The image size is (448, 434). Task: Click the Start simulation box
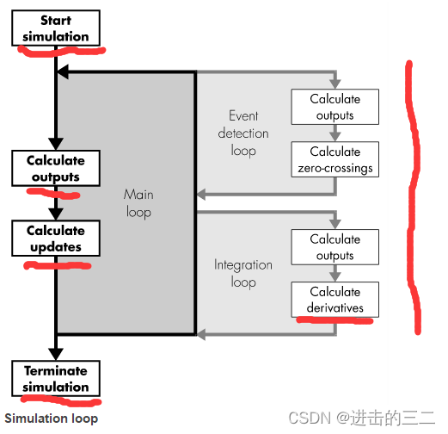[x=56, y=28]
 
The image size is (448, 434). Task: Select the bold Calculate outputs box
[x=56, y=169]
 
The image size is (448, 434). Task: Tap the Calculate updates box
[x=56, y=239]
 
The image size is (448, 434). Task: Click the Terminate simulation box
[x=56, y=379]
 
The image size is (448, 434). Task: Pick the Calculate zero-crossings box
[x=334, y=159]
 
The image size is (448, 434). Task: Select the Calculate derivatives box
[x=334, y=299]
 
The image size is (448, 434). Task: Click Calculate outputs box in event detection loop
[x=334, y=107]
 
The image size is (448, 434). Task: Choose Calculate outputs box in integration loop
[x=334, y=247]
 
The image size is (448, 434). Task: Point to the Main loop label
[x=138, y=204]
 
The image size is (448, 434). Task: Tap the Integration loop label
[x=242, y=273]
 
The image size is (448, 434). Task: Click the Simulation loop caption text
[x=51, y=418]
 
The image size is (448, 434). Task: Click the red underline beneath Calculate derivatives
[x=334, y=320]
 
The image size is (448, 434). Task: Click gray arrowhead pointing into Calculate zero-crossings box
[x=334, y=136]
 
